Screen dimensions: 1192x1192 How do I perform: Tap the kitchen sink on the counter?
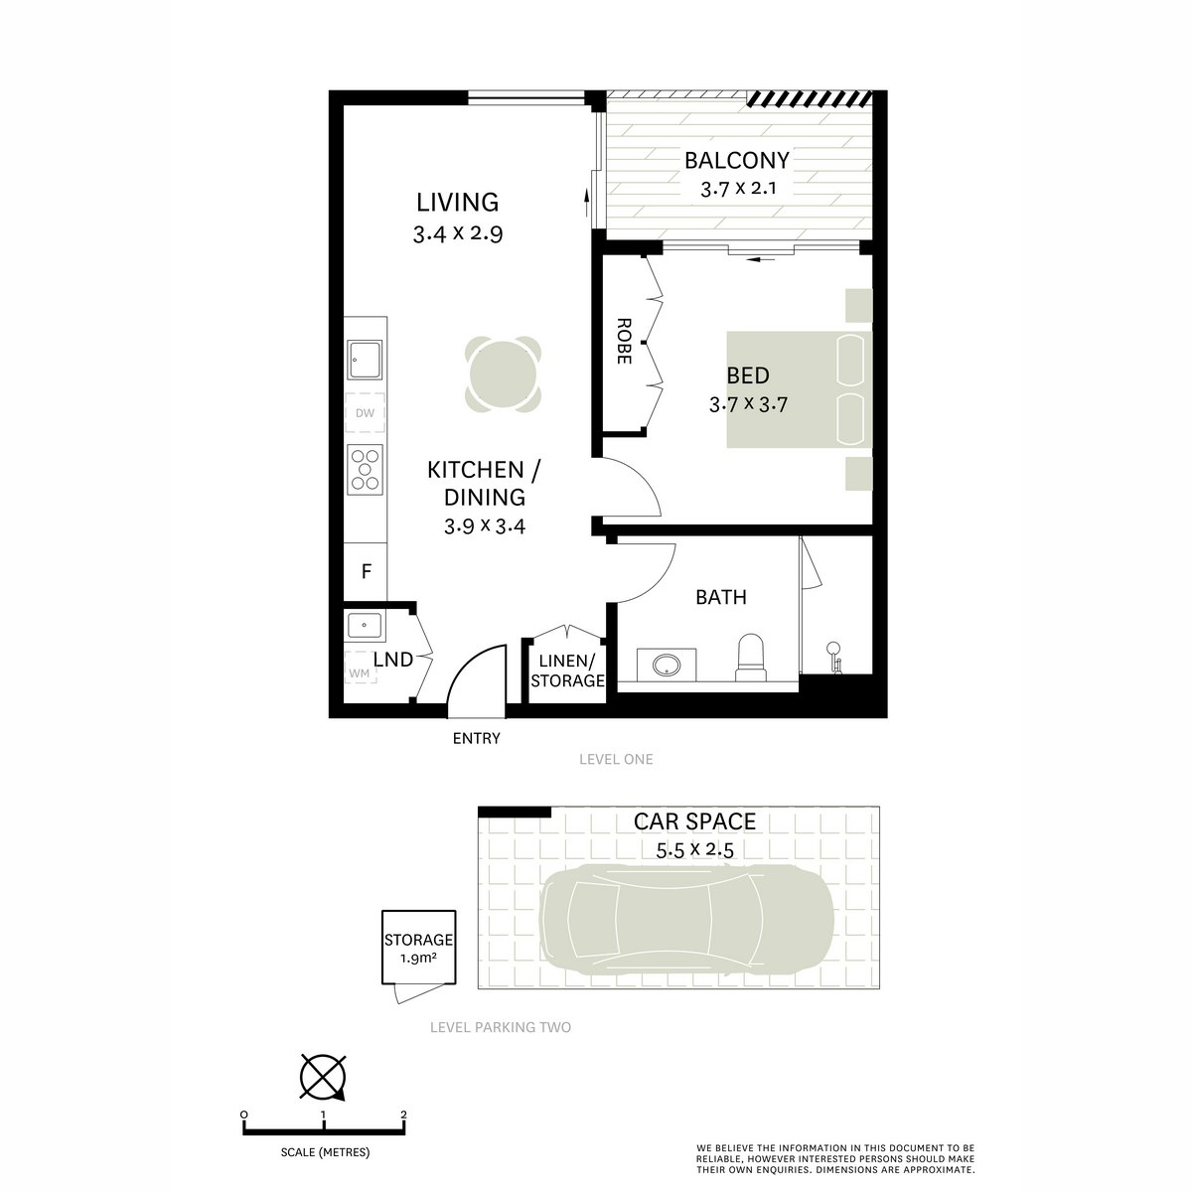(x=365, y=360)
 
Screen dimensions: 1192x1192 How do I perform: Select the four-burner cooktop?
(x=365, y=468)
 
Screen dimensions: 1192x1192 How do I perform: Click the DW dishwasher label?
(x=365, y=413)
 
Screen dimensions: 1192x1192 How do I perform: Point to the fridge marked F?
(x=366, y=572)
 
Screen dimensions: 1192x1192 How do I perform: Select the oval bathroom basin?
(x=661, y=664)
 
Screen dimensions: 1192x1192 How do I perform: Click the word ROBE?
(x=624, y=342)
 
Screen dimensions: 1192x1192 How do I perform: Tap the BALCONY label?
(x=736, y=160)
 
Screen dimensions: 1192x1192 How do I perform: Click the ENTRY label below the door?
(x=476, y=738)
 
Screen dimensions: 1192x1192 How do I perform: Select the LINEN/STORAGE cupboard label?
(x=567, y=671)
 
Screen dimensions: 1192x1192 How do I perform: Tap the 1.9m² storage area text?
(x=418, y=959)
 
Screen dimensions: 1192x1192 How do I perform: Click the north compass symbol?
(x=322, y=1077)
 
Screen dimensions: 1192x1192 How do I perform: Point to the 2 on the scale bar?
(x=403, y=1116)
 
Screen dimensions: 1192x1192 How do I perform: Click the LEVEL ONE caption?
(x=616, y=759)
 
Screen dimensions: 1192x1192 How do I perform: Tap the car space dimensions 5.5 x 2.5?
(x=694, y=849)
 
